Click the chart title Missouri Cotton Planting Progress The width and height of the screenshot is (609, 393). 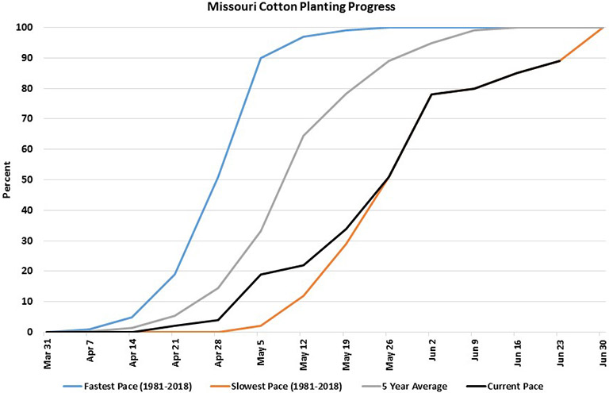tap(305, 8)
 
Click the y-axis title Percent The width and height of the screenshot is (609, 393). tap(8, 179)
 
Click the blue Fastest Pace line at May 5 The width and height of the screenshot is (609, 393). tap(261, 58)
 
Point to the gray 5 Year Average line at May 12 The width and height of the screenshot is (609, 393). tap(303, 136)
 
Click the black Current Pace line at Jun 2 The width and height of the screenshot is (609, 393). tap(431, 94)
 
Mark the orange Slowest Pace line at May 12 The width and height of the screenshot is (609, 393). tap(303, 295)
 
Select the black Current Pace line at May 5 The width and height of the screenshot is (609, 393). tap(261, 274)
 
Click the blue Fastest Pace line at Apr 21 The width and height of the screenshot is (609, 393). tap(175, 274)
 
